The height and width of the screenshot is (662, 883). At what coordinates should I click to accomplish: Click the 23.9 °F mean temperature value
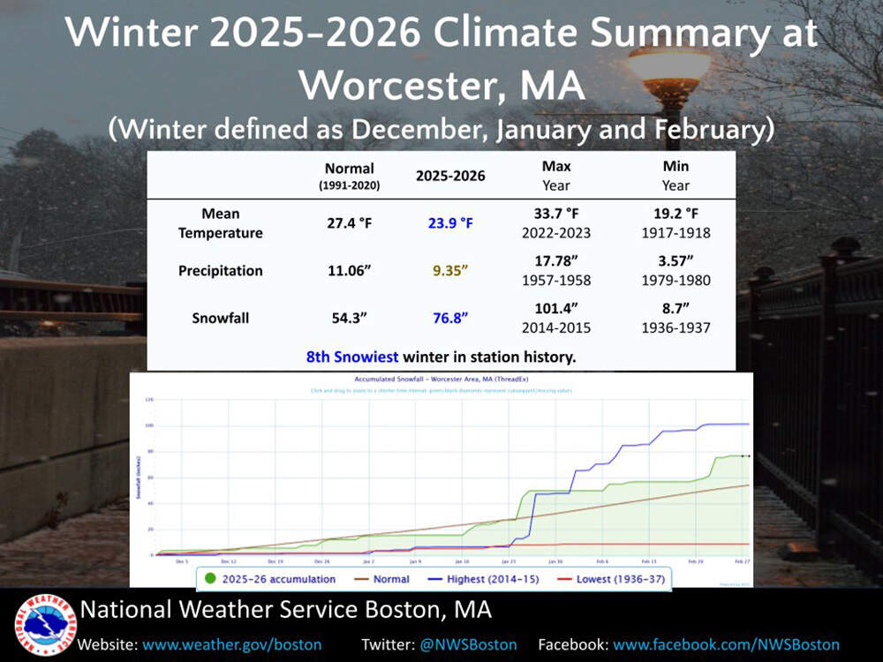tap(450, 223)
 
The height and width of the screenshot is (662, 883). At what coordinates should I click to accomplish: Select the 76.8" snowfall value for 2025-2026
tap(450, 318)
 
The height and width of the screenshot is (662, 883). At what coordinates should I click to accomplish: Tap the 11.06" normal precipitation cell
tap(350, 271)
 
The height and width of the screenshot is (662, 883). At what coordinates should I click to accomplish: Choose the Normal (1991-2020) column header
tap(350, 176)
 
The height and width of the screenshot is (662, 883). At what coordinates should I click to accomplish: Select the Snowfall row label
tap(220, 318)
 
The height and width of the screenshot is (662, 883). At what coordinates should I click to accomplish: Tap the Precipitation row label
tap(220, 271)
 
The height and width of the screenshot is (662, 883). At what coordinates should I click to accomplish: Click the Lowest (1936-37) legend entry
tap(609, 579)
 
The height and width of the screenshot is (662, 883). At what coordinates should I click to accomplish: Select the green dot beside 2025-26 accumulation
tap(210, 579)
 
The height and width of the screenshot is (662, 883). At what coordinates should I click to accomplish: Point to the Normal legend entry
tap(381, 579)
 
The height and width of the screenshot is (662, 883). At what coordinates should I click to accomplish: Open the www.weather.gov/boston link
tap(232, 644)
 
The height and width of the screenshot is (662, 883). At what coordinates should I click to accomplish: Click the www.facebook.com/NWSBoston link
tap(726, 644)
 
